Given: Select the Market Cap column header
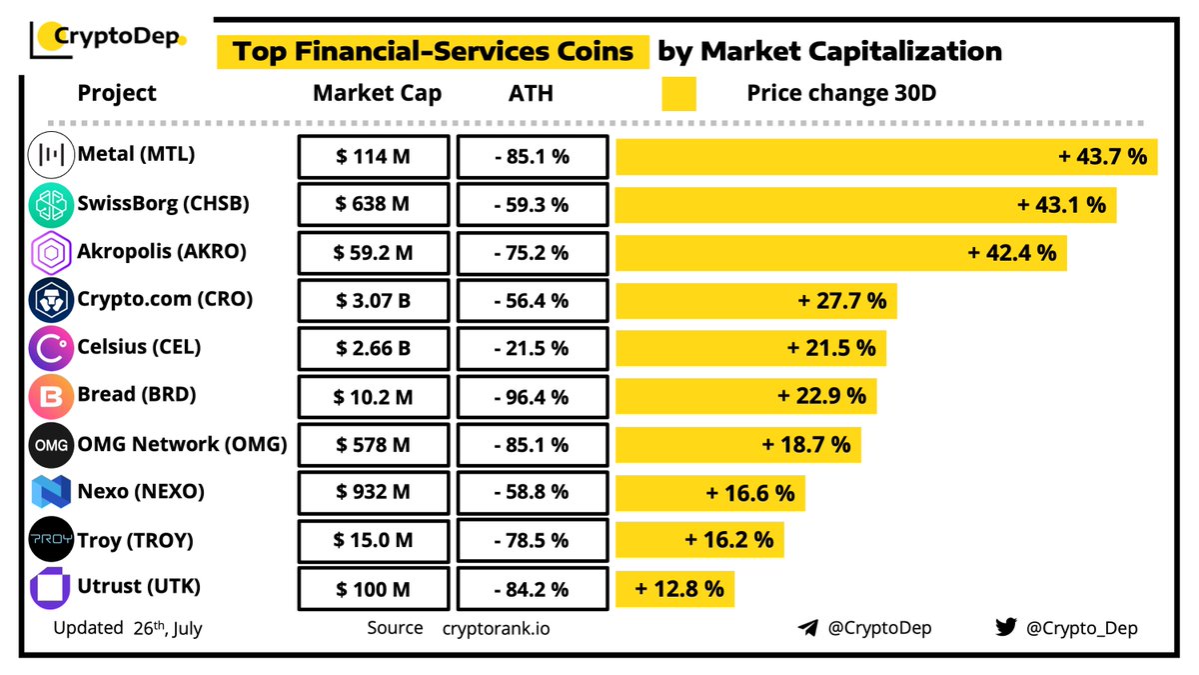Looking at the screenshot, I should [x=377, y=94].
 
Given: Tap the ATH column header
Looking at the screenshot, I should [x=531, y=94].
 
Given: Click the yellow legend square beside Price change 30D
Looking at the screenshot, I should [x=678, y=94].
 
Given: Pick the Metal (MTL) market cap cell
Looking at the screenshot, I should [x=373, y=156].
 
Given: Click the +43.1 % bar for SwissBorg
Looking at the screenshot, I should [x=865, y=204].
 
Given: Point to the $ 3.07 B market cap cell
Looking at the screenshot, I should [x=373, y=300].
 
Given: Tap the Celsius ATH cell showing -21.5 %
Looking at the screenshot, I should [x=532, y=348].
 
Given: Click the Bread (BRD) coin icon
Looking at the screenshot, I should [x=49, y=396].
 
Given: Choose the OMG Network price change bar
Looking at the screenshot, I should [x=738, y=444].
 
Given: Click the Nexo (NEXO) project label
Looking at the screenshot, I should [x=141, y=492].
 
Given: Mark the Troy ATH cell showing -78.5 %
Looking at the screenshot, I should [x=532, y=540].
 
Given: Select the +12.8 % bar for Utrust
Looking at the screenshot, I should [x=674, y=588].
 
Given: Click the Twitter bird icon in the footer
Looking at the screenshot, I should [x=1005, y=628].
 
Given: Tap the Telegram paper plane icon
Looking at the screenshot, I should [x=808, y=628].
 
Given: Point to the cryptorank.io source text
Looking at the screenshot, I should [x=496, y=629].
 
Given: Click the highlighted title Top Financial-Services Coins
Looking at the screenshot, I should [x=433, y=51].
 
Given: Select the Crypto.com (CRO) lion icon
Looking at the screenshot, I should [x=49, y=300].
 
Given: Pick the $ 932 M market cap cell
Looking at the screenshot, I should [x=373, y=492].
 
